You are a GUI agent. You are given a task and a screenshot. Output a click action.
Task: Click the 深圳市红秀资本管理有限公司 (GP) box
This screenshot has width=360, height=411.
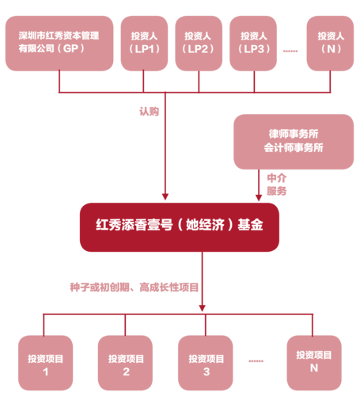click(x=59, y=44)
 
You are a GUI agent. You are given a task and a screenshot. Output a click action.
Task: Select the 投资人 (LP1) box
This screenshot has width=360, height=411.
click(x=144, y=44)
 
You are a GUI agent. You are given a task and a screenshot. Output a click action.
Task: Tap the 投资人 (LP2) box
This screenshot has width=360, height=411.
click(x=199, y=44)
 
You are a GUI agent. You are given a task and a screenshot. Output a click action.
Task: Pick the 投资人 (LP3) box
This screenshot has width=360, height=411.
click(x=253, y=44)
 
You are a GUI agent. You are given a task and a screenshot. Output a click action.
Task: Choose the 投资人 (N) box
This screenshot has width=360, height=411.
click(x=330, y=44)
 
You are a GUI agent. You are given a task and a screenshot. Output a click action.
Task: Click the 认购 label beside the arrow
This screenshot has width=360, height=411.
click(x=150, y=112)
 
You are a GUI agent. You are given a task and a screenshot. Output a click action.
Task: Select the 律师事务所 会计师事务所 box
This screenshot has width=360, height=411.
click(x=294, y=142)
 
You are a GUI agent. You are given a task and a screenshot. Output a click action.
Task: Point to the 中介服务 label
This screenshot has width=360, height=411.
click(x=277, y=185)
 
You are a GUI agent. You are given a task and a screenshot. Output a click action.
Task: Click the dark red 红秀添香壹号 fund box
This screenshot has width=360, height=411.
click(x=180, y=227)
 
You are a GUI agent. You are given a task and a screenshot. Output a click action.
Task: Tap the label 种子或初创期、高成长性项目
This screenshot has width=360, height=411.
click(x=135, y=287)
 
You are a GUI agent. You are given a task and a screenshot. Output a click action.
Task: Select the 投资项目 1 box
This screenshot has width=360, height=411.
click(x=45, y=363)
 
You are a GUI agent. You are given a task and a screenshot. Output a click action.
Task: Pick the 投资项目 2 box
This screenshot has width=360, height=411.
click(x=125, y=363)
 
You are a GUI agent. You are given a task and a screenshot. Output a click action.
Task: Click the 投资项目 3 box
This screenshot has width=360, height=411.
click(x=206, y=363)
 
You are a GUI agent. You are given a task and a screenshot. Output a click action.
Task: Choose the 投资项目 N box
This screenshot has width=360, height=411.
click(x=314, y=363)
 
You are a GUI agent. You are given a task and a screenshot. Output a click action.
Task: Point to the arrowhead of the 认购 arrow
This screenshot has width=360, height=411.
click(x=165, y=197)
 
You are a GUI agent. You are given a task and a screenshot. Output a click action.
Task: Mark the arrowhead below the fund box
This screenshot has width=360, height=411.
click(x=203, y=308)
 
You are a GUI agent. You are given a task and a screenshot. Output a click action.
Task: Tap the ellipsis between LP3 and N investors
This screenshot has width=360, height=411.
click(x=290, y=51)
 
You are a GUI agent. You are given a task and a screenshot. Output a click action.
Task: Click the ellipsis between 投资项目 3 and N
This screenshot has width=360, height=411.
click(x=256, y=361)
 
